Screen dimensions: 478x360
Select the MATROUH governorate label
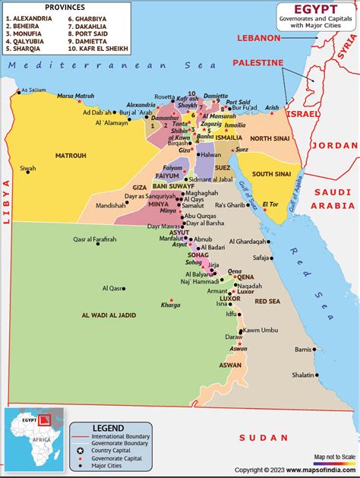(x=71, y=156)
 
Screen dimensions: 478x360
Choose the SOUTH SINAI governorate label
(x=271, y=174)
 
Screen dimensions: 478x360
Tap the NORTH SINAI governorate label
(x=271, y=138)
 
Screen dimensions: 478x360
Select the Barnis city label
(x=304, y=350)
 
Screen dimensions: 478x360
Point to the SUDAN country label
(x=263, y=438)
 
